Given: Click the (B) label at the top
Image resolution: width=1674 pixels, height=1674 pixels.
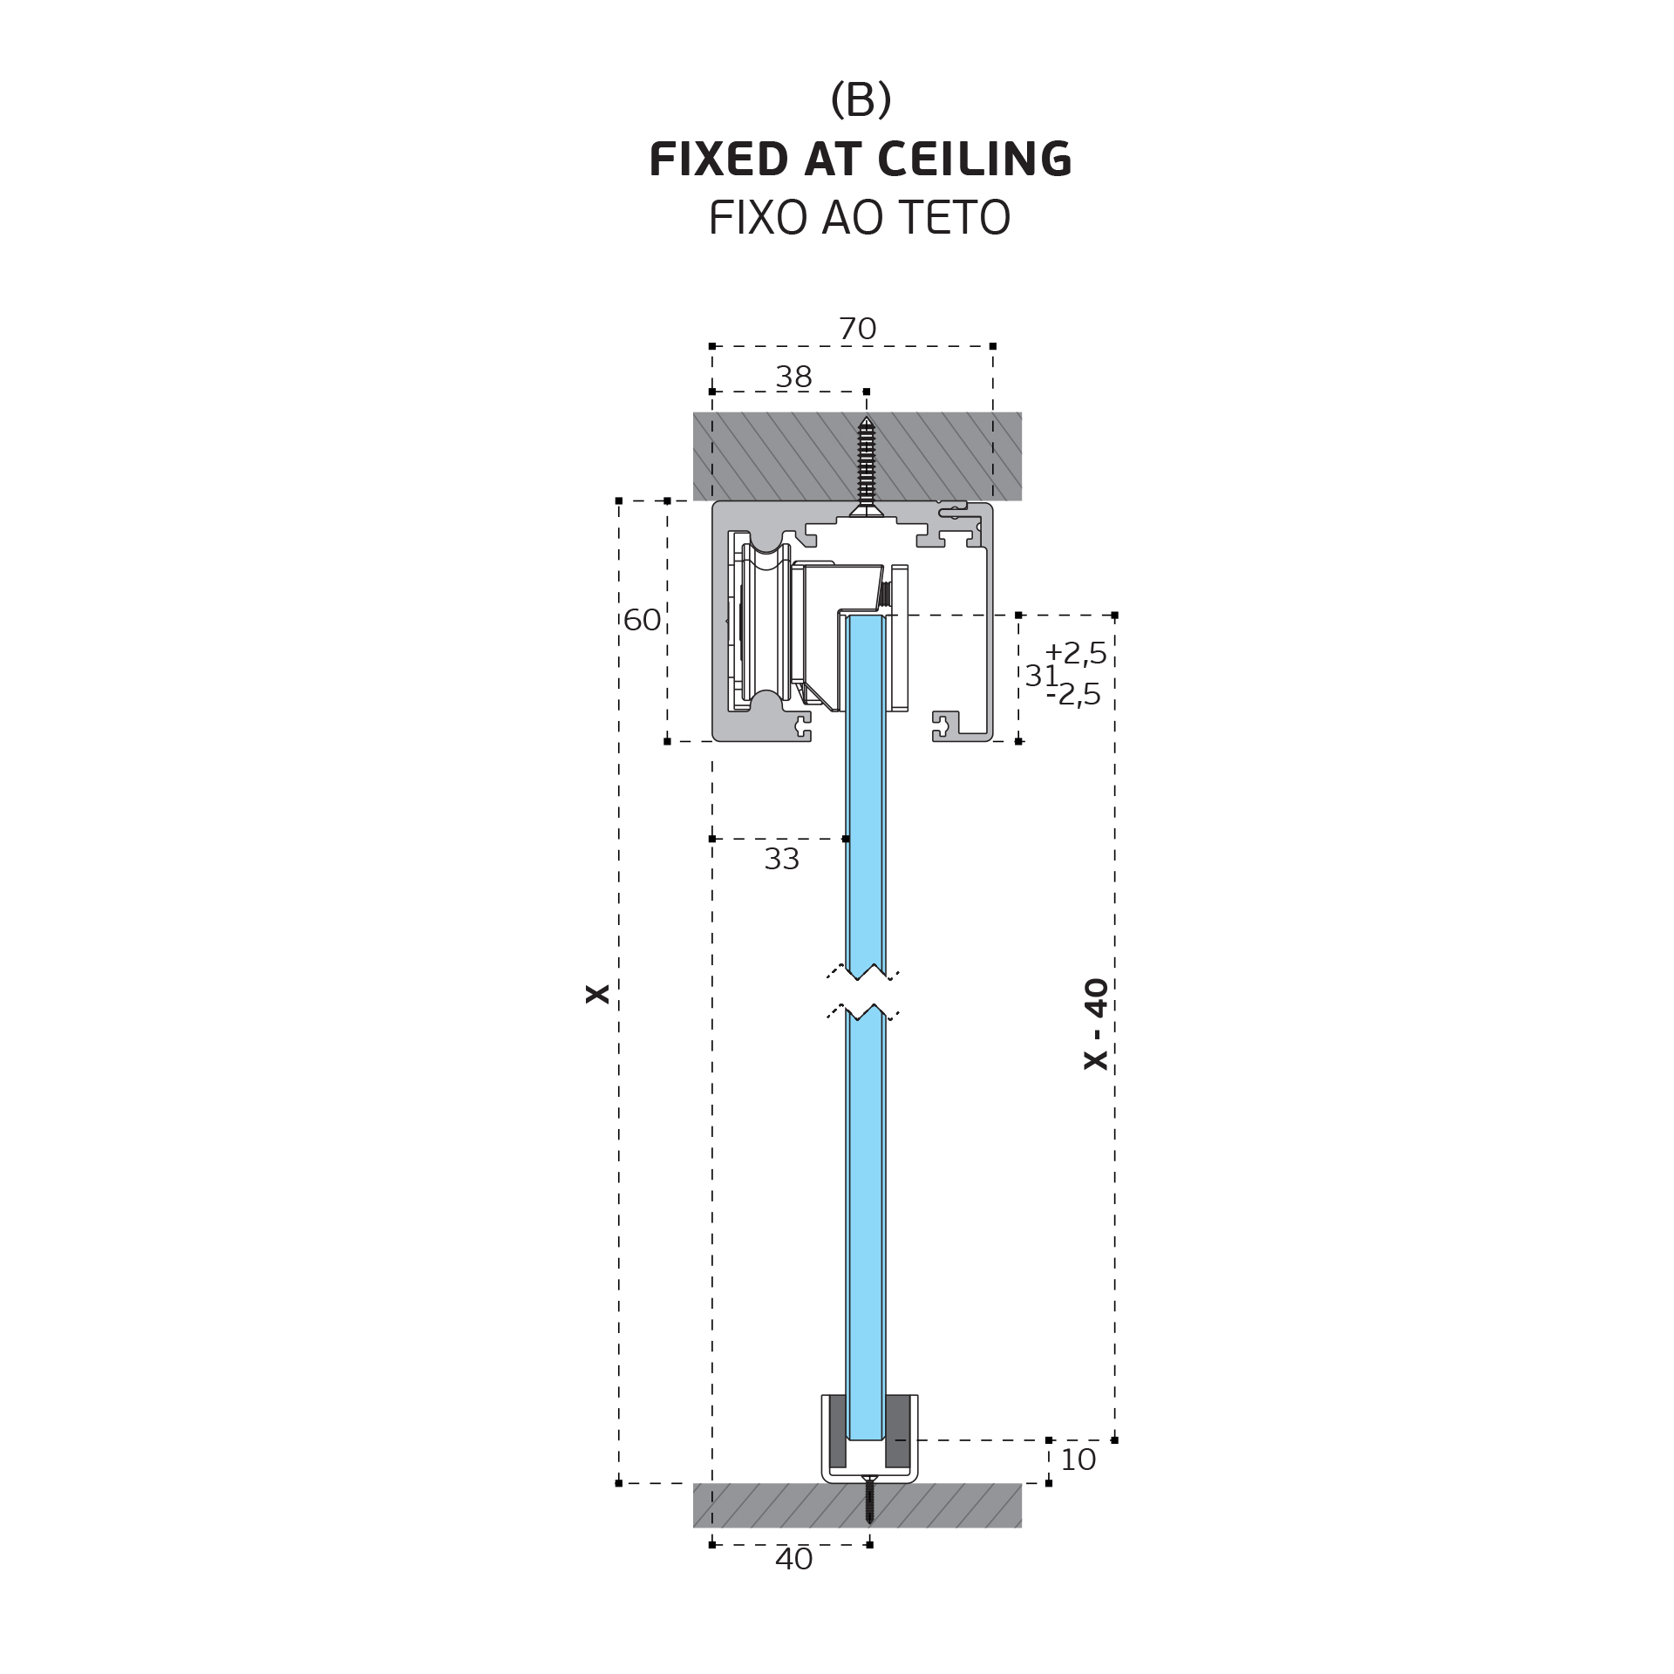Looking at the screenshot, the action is click(x=861, y=99).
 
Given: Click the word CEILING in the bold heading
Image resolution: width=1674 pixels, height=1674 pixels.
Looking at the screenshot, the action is click(x=975, y=160).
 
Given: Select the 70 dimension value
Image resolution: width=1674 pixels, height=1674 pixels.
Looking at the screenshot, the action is click(x=857, y=329).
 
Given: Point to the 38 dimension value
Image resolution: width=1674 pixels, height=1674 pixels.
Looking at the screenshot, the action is click(x=793, y=377).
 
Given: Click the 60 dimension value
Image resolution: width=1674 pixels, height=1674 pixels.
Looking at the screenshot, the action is click(x=643, y=620).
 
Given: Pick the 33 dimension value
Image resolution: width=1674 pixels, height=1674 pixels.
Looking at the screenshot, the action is click(x=781, y=859).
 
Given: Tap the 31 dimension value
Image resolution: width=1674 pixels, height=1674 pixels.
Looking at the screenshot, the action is click(x=1041, y=675).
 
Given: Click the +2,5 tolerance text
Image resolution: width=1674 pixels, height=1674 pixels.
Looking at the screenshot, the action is click(x=1076, y=652).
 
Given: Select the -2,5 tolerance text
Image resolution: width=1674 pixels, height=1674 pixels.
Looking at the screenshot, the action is click(x=1074, y=694).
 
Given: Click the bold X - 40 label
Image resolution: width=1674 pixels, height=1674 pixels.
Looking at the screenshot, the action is click(x=1096, y=1024).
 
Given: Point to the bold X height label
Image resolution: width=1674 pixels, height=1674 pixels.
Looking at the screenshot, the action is click(x=598, y=993).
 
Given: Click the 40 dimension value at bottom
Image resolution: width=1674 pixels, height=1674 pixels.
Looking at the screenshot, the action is click(x=793, y=1559).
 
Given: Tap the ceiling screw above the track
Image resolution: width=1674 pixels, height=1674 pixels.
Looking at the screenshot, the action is click(x=866, y=466).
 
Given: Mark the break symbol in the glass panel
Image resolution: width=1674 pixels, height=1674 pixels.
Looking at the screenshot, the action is click(x=863, y=992).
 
